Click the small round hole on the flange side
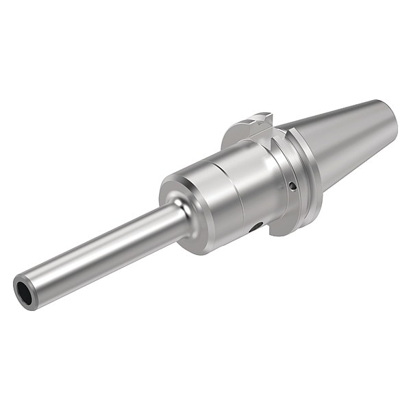click(292, 186)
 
